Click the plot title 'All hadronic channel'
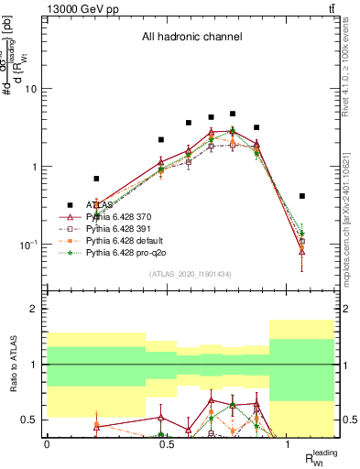point(191,38)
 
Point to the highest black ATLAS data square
point(233,114)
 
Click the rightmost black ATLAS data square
point(302,196)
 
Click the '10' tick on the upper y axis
point(32,89)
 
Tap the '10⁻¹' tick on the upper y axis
point(29,245)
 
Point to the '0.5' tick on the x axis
point(168,444)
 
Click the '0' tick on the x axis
point(47,444)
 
